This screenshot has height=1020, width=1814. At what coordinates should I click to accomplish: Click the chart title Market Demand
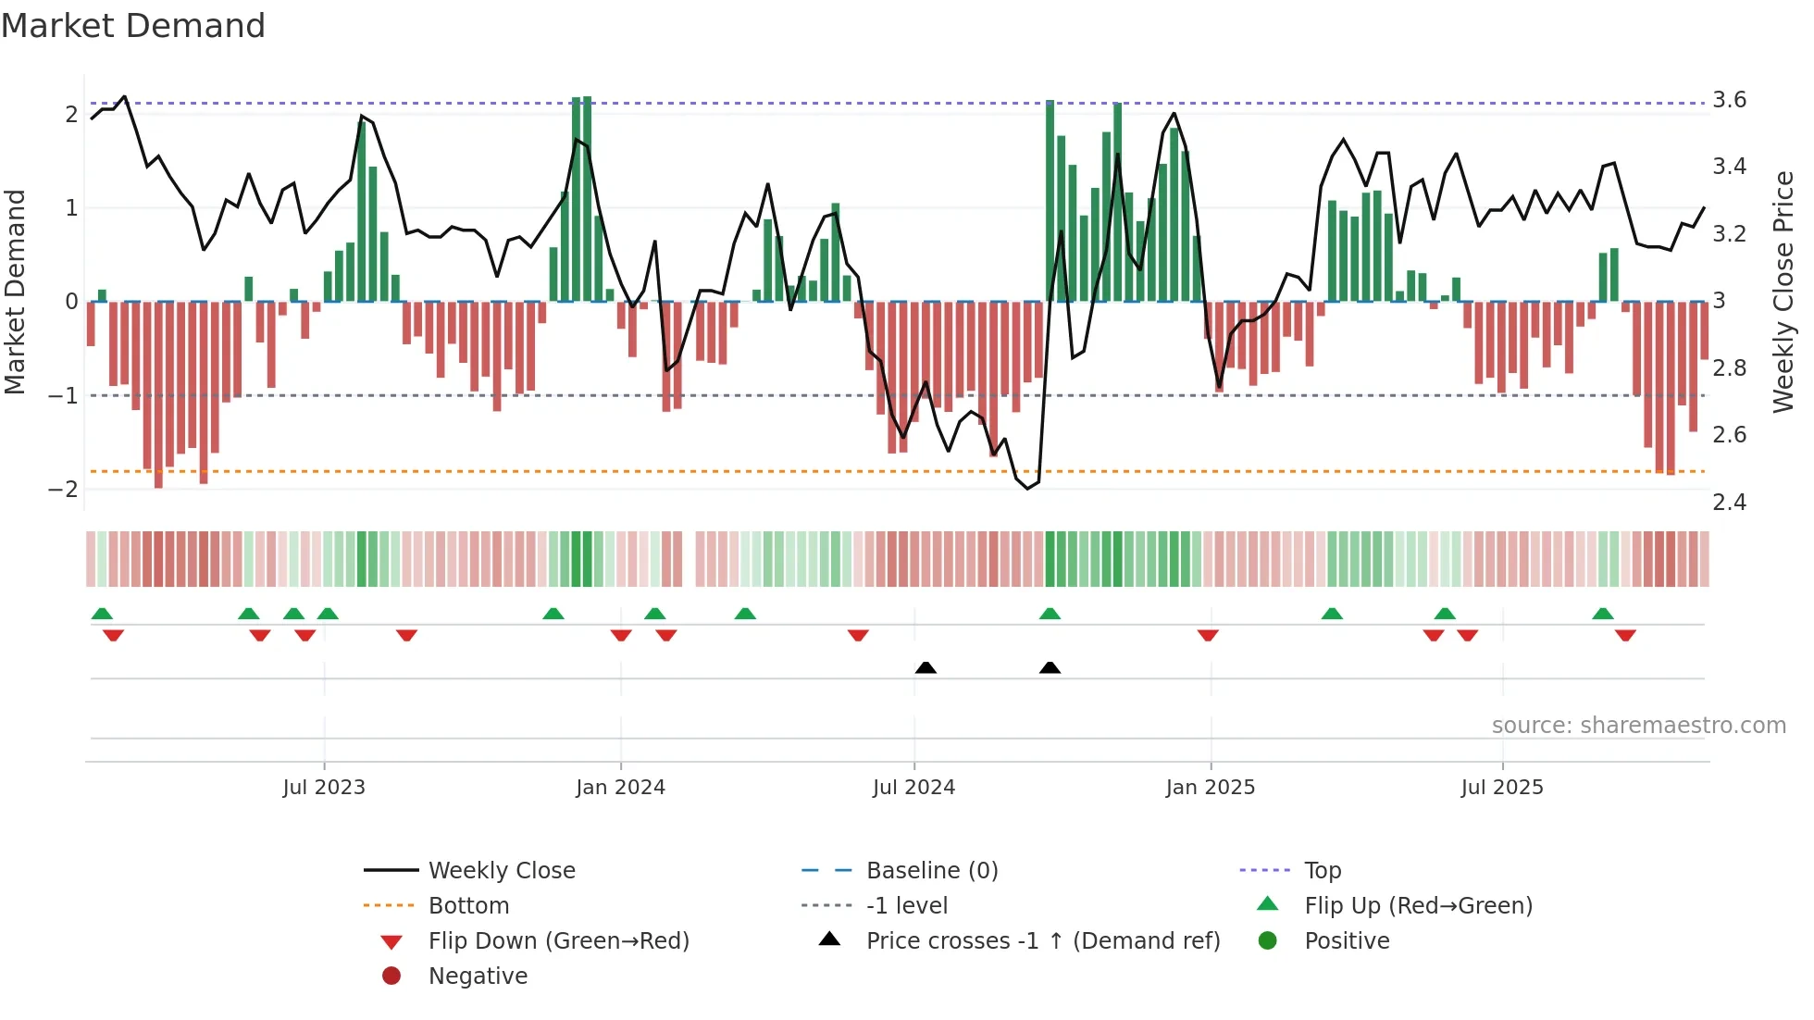point(133,26)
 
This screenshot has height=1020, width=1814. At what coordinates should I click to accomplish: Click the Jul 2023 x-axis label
point(324,788)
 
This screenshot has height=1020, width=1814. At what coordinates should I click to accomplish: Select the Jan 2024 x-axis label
point(620,788)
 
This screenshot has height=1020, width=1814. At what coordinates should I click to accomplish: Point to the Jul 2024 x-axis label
point(913,788)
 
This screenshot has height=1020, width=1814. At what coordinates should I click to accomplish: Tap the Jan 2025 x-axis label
point(1210,788)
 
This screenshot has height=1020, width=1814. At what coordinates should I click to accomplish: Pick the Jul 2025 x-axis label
point(1502,788)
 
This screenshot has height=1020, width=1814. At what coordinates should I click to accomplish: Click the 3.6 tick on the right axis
point(1729,100)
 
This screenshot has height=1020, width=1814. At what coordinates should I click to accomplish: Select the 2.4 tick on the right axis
point(1729,503)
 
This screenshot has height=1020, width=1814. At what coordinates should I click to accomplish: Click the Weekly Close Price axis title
point(1783,292)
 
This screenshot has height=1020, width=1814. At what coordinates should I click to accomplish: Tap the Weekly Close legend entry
point(501,871)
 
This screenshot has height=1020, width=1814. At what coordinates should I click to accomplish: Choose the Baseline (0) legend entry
point(931,871)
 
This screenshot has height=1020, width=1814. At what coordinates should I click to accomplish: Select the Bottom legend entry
point(468,906)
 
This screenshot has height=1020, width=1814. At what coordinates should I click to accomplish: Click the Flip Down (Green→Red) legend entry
point(558,941)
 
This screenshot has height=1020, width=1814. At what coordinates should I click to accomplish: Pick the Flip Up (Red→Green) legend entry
point(1418,906)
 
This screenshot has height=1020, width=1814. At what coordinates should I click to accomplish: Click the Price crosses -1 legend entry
point(1042,941)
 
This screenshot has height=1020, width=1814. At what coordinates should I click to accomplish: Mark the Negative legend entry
point(478,976)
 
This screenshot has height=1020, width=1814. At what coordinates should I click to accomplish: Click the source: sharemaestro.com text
point(1638,726)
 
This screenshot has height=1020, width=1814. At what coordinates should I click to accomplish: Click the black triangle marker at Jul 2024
point(926,667)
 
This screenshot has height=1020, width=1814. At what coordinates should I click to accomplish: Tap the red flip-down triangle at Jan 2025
point(1208,635)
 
